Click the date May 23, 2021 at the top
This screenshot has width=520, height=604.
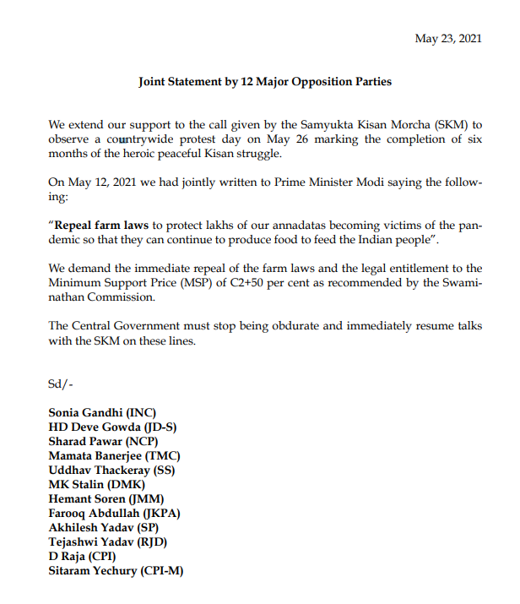tap(448, 39)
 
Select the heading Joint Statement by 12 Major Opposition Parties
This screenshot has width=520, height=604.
tap(265, 82)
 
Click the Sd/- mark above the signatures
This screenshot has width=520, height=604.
tap(61, 384)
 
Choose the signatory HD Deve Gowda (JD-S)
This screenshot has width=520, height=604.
tap(112, 427)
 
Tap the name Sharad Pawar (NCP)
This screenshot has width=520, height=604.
tap(103, 442)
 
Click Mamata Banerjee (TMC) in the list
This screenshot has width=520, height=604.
tap(114, 456)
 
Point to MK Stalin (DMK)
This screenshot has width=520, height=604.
tap(96, 485)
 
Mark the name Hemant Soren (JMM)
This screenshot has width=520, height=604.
tap(106, 499)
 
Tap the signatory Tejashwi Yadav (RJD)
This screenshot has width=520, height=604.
tap(106, 542)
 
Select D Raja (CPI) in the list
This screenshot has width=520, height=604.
tap(82, 557)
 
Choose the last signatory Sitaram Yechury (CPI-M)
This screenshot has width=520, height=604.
tap(116, 571)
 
